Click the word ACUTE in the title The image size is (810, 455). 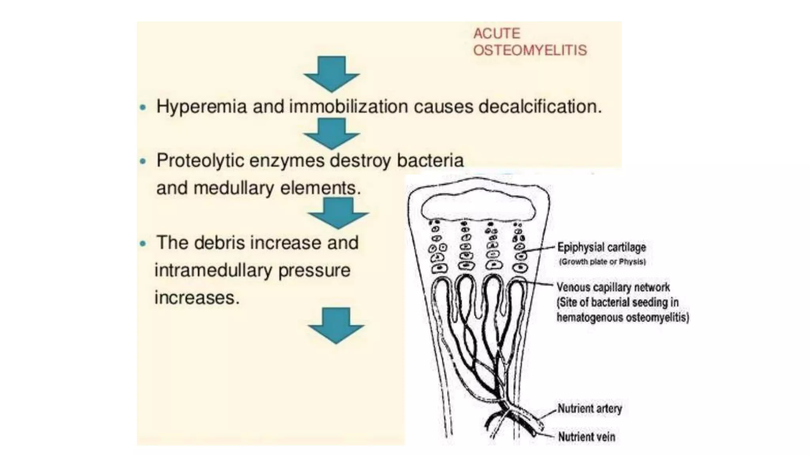(497, 34)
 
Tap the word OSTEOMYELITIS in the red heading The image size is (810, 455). (530, 51)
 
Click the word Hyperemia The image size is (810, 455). (201, 107)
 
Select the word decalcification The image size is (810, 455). (540, 107)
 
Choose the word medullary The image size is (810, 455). (234, 188)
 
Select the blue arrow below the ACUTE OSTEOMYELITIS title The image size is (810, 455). (331, 74)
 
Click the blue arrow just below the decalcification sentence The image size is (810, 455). (331, 133)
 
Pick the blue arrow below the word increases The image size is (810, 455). (336, 325)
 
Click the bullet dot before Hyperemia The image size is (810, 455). (143, 107)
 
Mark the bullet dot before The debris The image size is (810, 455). (143, 243)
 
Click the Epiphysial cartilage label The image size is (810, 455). (602, 247)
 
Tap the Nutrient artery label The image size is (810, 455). (589, 408)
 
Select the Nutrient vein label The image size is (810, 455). (586, 437)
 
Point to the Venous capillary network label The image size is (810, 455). (613, 287)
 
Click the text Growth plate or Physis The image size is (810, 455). (602, 262)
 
